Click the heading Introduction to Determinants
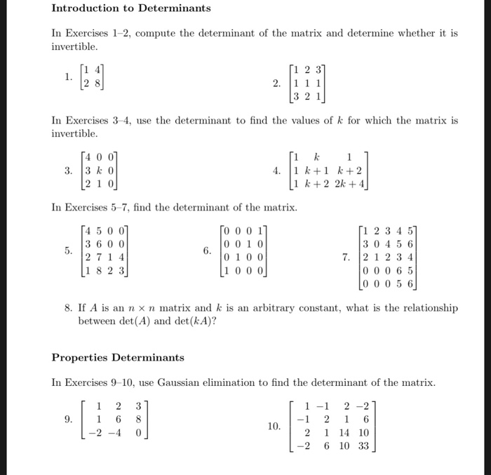[131, 8]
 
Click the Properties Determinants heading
[118, 358]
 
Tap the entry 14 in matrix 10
[347, 433]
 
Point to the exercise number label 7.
[347, 257]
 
